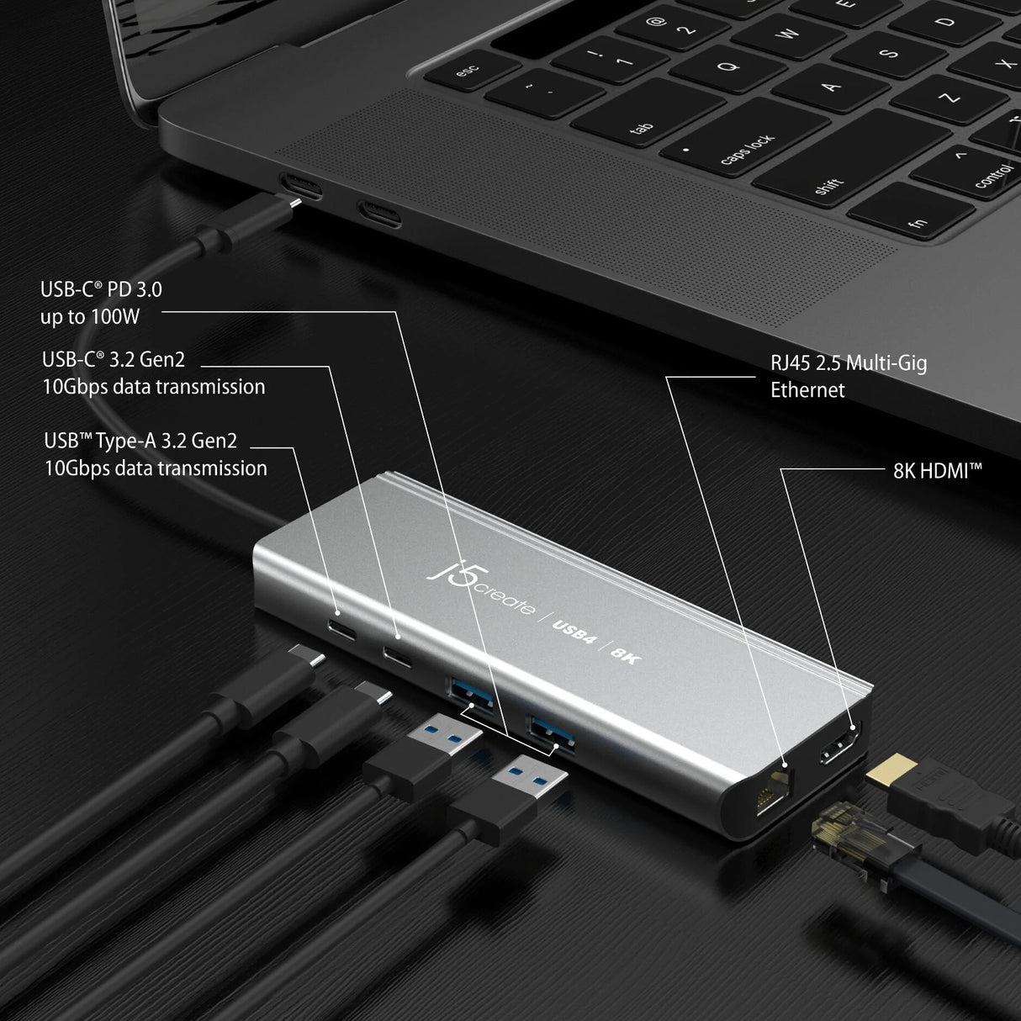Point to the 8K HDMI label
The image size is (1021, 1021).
pyautogui.click(x=937, y=470)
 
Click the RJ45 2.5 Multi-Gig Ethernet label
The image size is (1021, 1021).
pyautogui.click(x=848, y=376)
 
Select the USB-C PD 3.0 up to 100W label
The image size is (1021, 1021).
pyautogui.click(x=101, y=304)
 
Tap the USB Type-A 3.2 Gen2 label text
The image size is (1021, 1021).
pyautogui.click(x=156, y=455)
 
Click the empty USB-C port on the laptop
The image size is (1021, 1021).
pyautogui.click(x=378, y=214)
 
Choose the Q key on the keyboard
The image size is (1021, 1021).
pyautogui.click(x=730, y=66)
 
